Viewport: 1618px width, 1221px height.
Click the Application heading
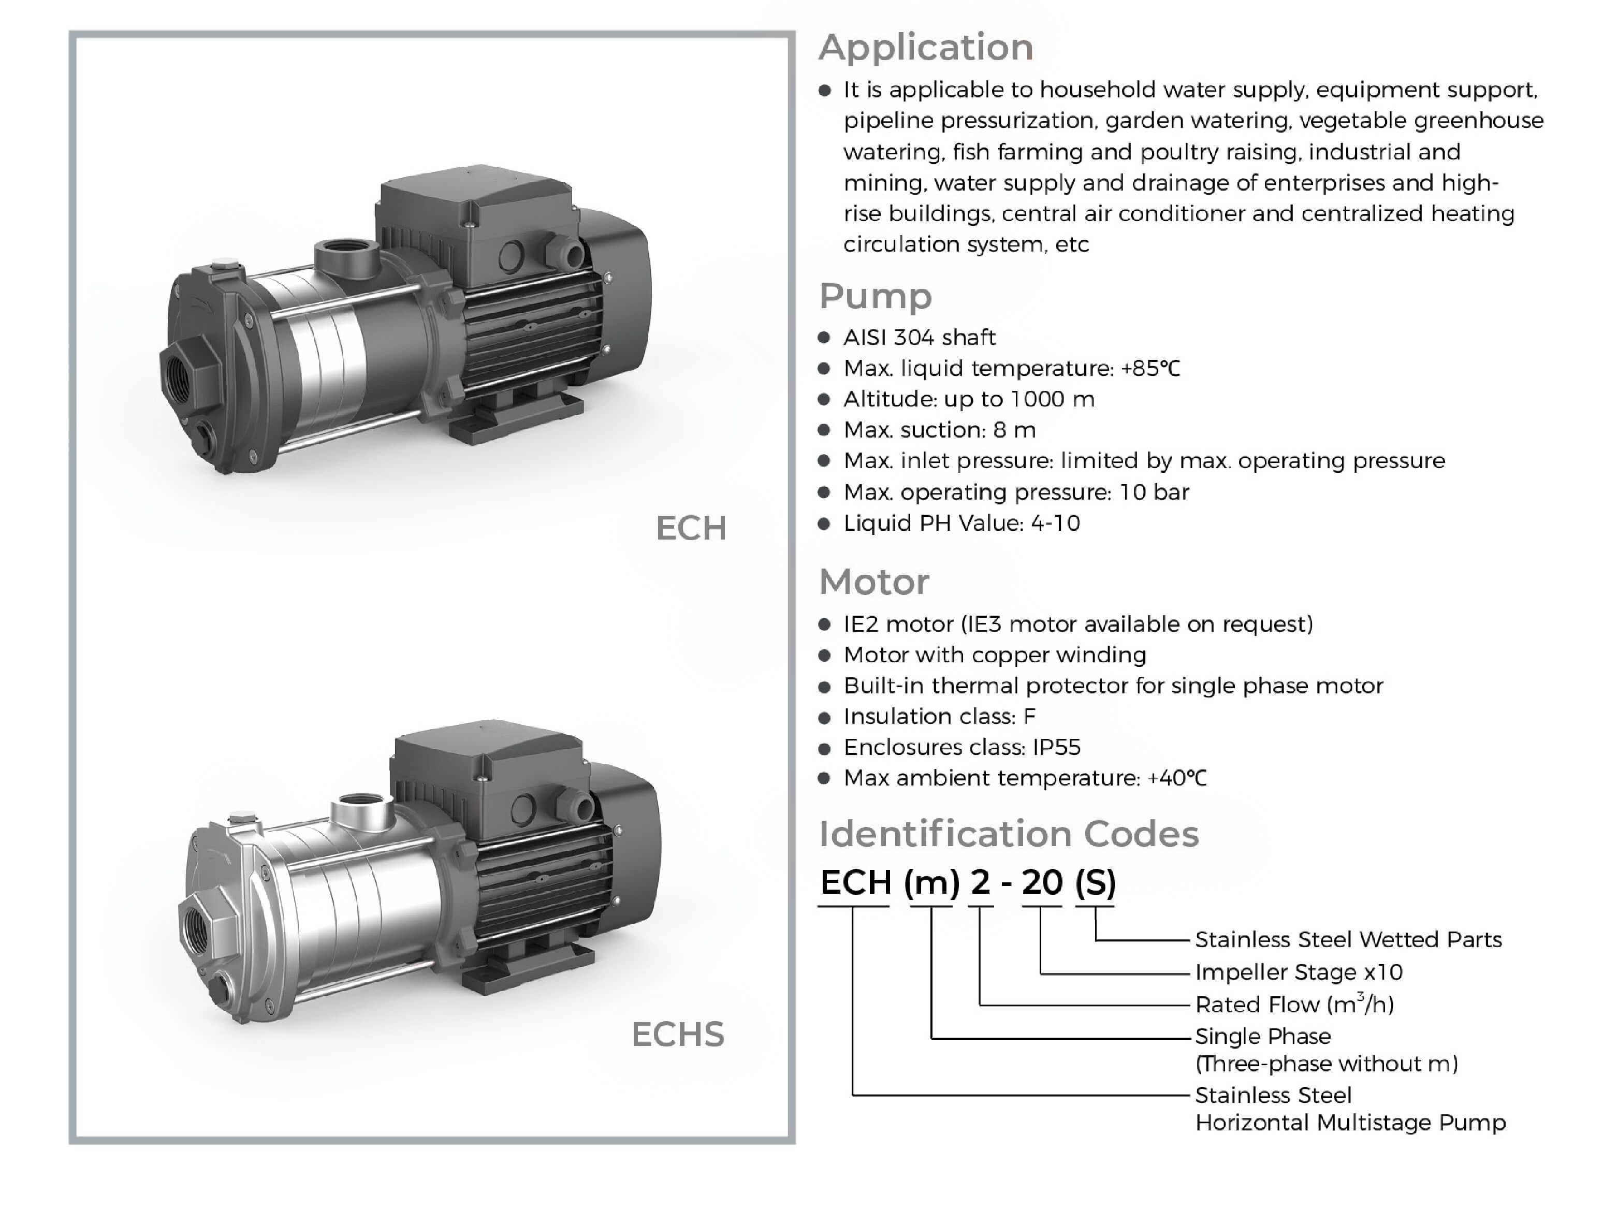point(925,48)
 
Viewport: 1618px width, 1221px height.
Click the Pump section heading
point(875,296)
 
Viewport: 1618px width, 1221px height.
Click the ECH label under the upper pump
point(691,528)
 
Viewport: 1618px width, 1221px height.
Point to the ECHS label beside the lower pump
point(677,1035)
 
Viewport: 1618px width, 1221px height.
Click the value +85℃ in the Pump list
point(1150,368)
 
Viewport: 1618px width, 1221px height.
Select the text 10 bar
point(1154,491)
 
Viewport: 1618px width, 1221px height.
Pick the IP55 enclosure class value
point(1056,747)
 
